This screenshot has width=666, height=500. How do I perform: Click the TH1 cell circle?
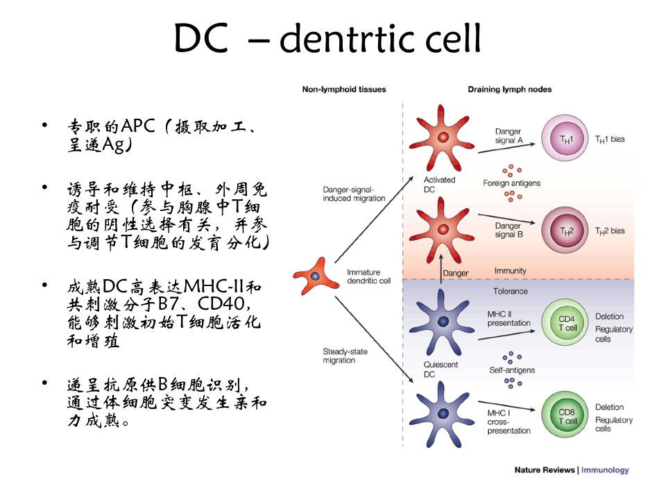[565, 139]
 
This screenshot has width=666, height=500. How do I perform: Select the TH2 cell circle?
[565, 231]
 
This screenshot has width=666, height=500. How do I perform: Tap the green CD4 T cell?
[565, 322]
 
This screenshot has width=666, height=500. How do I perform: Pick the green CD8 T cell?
[565, 415]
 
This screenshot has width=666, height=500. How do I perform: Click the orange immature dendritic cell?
[316, 276]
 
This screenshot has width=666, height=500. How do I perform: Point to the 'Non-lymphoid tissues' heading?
[344, 90]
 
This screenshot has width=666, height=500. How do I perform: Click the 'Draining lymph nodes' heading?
[510, 90]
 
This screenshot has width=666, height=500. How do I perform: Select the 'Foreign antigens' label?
[511, 183]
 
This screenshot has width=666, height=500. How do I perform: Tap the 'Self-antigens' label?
[512, 370]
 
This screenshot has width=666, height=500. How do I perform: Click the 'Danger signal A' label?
[509, 135]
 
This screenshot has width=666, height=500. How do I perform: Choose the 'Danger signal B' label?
[509, 230]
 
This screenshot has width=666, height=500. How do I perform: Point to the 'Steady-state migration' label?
[345, 356]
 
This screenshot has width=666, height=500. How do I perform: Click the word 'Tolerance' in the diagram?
[510, 291]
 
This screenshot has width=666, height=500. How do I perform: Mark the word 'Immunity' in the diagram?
[510, 271]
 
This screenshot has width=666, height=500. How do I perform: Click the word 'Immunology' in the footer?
[605, 470]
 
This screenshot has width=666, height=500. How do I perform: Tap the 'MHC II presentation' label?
[509, 319]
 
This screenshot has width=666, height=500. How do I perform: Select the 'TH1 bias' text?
[610, 140]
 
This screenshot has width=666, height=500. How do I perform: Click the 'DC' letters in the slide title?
[201, 37]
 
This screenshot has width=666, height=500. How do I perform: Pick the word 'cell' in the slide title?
[453, 37]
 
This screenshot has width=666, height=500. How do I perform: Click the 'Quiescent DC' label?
[441, 369]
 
